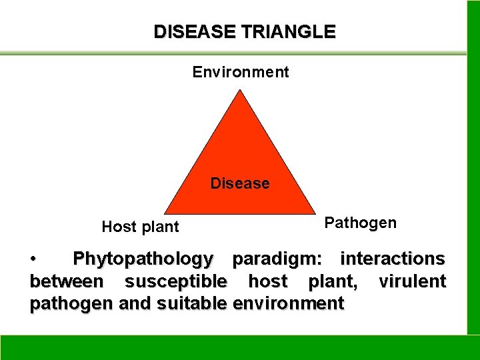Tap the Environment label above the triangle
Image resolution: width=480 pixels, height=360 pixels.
click(241, 72)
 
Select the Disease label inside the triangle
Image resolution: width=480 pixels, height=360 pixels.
click(240, 183)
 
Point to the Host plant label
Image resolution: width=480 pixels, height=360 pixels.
click(140, 227)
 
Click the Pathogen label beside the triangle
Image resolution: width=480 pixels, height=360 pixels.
click(360, 223)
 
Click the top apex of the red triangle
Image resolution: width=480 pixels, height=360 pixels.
click(241, 91)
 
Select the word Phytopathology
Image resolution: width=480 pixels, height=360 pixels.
click(143, 258)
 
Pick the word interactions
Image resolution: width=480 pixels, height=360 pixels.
click(392, 258)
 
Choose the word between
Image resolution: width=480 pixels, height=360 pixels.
click(66, 281)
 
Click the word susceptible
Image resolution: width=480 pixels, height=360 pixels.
click(175, 281)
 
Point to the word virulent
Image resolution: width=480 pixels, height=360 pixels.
click(412, 281)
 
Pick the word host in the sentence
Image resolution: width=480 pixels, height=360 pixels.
click(267, 281)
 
